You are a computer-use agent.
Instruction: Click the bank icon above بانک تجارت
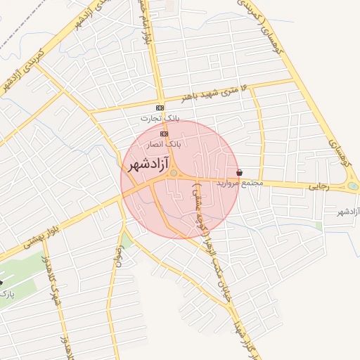pos(160,108)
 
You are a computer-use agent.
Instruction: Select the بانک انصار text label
pos(164,143)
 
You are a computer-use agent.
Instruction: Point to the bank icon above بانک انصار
pos(164,133)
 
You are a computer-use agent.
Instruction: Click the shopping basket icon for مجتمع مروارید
pos(240,172)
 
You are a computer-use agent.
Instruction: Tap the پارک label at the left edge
pos(5,291)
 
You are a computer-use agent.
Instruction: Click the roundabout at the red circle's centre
pos(174,173)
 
